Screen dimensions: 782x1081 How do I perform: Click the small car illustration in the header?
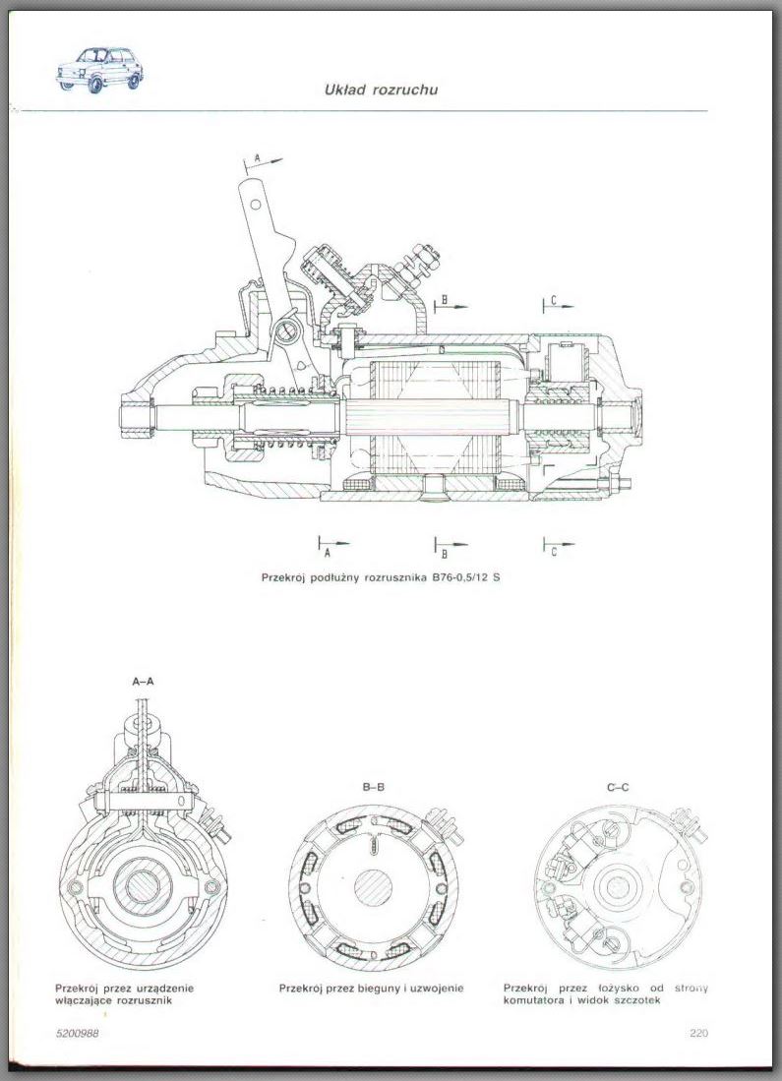click(x=100, y=70)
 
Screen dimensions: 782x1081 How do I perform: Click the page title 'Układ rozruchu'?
click(x=382, y=90)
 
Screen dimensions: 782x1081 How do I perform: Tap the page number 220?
click(x=698, y=1033)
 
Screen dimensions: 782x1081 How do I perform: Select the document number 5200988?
click(x=78, y=1033)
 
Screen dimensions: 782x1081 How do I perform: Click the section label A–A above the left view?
click(x=144, y=681)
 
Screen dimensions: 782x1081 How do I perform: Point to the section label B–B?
click(x=373, y=787)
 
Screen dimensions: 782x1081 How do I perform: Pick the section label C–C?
click(x=618, y=787)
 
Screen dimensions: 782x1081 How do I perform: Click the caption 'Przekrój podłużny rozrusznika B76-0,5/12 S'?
click(x=381, y=577)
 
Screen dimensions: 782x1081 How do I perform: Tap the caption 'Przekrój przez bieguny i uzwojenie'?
click(x=372, y=989)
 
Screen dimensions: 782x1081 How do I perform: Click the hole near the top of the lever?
click(x=255, y=204)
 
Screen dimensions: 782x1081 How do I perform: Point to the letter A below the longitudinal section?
click(x=328, y=552)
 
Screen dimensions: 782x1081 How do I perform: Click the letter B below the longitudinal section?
click(x=445, y=553)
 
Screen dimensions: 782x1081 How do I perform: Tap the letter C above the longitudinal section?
click(x=554, y=301)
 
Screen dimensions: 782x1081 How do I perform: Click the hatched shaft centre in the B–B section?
click(x=373, y=886)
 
